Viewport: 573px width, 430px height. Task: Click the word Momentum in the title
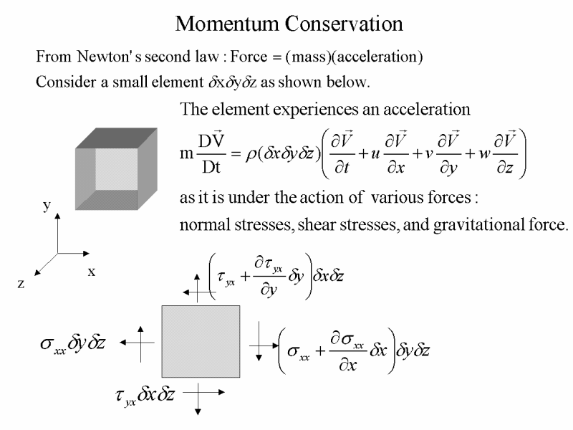click(226, 24)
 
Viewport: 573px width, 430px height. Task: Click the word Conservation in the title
click(344, 24)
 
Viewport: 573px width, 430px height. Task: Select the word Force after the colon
click(249, 57)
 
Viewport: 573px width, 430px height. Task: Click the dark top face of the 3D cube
click(117, 138)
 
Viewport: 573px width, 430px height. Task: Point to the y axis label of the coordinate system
click(47, 206)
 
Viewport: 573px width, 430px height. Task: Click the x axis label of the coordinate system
click(92, 272)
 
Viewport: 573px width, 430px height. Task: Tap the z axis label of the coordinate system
click(21, 284)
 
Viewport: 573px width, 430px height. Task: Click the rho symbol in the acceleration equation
click(251, 155)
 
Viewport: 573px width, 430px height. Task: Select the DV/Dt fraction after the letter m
click(211, 153)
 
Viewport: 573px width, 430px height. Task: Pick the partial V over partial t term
click(342, 153)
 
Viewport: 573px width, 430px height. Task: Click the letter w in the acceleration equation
click(485, 153)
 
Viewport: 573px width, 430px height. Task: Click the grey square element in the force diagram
click(201, 342)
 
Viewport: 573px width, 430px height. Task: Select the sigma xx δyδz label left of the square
click(73, 344)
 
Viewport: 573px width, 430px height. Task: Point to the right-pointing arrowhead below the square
click(221, 392)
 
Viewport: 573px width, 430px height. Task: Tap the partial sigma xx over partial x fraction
click(347, 351)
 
